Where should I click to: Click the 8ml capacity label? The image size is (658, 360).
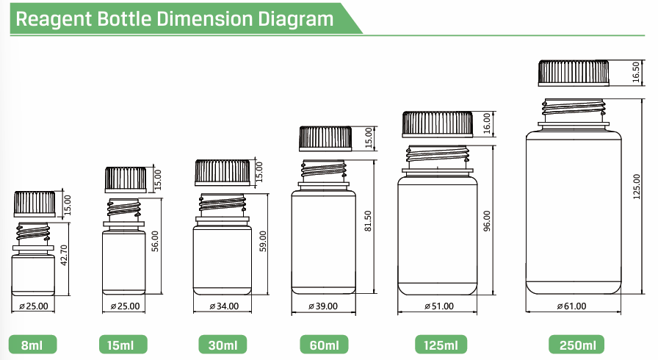pos(33,345)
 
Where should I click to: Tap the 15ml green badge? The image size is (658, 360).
pos(123,345)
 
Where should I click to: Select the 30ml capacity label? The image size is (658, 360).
pos(223,345)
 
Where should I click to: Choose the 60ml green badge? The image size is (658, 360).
pos(324,345)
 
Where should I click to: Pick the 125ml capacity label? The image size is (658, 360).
pos(441,345)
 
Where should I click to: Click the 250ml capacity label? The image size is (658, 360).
pos(577,345)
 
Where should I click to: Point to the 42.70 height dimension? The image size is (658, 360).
pos(64,255)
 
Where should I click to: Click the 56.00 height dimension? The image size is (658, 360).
pos(155,241)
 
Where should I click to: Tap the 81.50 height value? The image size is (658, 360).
pos(368,221)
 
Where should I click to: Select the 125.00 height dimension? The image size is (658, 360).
pos(637,187)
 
